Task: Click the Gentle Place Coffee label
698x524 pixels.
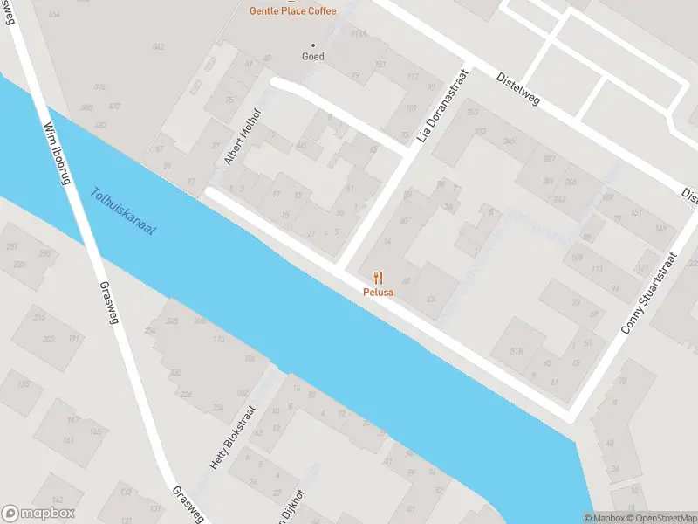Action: click(x=292, y=10)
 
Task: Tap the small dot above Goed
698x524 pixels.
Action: click(x=313, y=45)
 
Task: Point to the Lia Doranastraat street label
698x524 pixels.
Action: click(x=443, y=108)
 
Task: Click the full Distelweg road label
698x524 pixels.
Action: click(x=518, y=88)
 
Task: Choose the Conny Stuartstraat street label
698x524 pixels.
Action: click(x=649, y=293)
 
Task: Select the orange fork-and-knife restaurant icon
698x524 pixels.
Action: click(x=378, y=278)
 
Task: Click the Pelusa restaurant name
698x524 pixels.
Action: click(x=379, y=293)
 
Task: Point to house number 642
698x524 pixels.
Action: click(x=158, y=47)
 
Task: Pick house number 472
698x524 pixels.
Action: click(x=114, y=107)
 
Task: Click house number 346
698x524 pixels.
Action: click(x=508, y=141)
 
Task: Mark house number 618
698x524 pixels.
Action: click(x=517, y=351)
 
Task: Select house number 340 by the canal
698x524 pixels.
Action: click(x=172, y=322)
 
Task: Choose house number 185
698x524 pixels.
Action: click(x=24, y=385)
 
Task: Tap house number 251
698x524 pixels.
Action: click(x=12, y=247)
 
